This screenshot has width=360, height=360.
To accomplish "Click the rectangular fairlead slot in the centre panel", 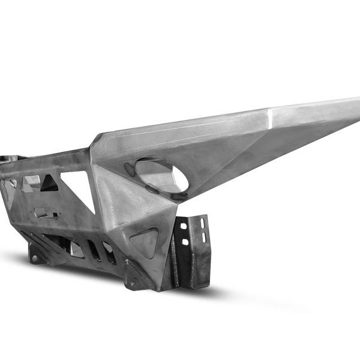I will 46,213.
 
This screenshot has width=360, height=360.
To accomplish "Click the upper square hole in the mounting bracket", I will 184,226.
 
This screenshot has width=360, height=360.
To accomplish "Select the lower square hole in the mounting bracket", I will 184,242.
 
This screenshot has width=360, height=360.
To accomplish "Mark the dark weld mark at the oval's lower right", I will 179,195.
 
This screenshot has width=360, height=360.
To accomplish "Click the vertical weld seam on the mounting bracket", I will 175,255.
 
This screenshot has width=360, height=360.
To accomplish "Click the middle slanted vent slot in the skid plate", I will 94,250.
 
